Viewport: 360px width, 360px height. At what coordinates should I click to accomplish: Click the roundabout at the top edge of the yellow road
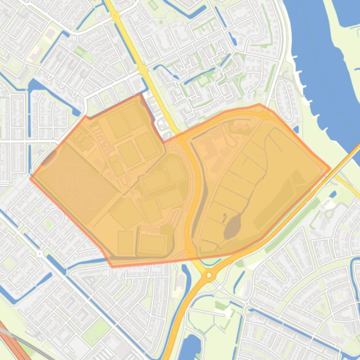click(x=115, y=16)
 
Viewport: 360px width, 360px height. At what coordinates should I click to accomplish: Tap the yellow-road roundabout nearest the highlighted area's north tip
click(x=143, y=70)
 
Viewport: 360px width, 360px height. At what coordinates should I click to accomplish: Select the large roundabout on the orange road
click(x=209, y=276)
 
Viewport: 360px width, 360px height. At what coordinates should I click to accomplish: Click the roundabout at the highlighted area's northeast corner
click(x=265, y=115)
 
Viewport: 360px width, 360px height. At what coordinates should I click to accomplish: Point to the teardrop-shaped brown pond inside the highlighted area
click(x=232, y=227)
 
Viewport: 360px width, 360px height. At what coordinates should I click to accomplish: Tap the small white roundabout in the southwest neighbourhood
click(x=39, y=254)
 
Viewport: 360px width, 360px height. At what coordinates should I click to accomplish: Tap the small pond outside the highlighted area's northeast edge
click(x=296, y=129)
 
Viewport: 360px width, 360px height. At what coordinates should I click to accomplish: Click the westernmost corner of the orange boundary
click(x=30, y=178)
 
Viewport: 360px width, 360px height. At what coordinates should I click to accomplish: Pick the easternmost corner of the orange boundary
click(x=331, y=168)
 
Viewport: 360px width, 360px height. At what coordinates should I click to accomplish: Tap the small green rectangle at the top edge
click(x=153, y=5)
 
